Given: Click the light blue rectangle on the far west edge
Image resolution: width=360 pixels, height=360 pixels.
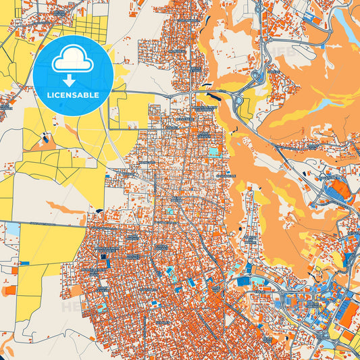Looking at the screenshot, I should coord(12,228).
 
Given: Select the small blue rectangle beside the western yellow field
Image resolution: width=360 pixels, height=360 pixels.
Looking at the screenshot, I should coord(24,262).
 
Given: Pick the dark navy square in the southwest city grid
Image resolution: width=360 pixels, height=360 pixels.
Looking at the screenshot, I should coord(103,257).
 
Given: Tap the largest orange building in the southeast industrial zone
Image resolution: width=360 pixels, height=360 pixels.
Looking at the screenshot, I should coord(349,311).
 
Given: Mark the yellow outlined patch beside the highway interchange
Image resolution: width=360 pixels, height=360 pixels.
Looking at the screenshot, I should coord(246,106).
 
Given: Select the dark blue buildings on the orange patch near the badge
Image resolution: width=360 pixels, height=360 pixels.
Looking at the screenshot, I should coord(45,140).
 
